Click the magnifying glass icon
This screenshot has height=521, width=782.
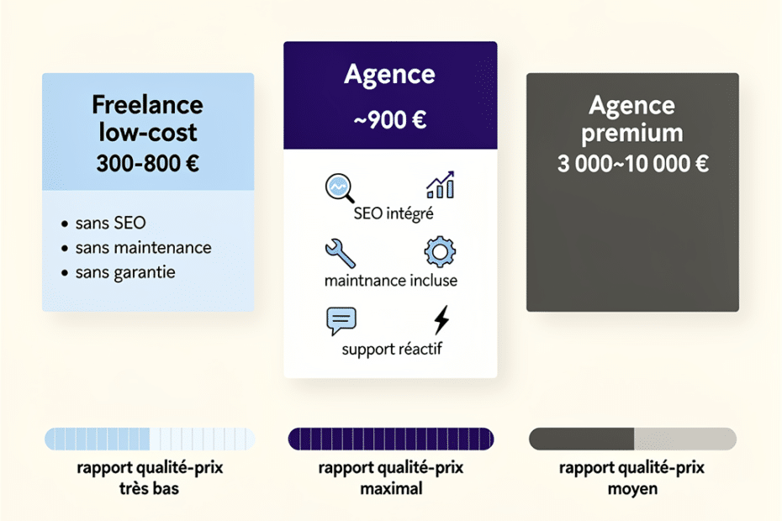[340, 188]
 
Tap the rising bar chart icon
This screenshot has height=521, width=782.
[441, 185]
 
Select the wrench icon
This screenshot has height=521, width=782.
[341, 253]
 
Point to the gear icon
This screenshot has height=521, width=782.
[440, 252]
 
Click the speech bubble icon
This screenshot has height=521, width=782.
[341, 320]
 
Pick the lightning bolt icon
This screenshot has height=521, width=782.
[441, 319]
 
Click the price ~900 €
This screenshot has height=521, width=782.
[390, 119]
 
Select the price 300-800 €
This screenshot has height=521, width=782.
[148, 164]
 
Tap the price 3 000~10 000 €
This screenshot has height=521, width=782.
[633, 164]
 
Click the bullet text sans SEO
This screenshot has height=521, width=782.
[111, 223]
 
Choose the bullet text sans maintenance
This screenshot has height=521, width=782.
[144, 248]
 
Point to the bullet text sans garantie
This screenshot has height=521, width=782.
[125, 273]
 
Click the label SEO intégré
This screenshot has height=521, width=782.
[394, 214]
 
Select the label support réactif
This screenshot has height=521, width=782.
[392, 350]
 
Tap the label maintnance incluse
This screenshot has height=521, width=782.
[391, 281]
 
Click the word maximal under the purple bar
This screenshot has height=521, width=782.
[392, 488]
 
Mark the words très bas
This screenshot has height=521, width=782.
[149, 488]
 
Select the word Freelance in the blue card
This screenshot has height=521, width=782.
[148, 105]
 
